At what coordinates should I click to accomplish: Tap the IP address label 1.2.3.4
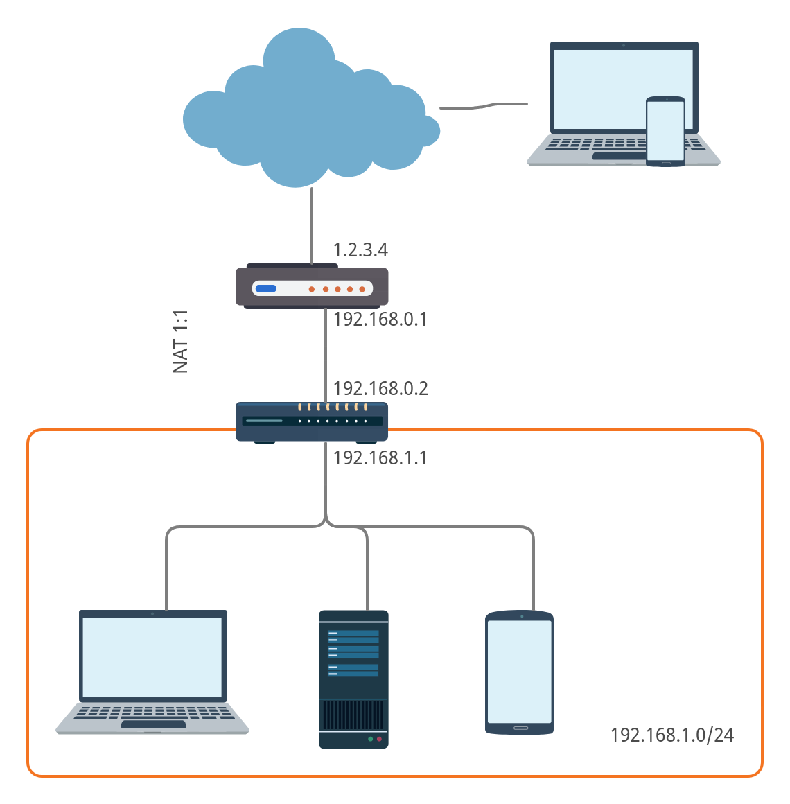pyautogui.click(x=360, y=250)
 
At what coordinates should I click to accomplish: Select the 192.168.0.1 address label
pyautogui.click(x=380, y=319)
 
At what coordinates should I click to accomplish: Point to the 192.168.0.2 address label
pyautogui.click(x=380, y=388)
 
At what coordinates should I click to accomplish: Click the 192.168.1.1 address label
pyautogui.click(x=380, y=457)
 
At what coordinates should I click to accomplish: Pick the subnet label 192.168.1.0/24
pyautogui.click(x=671, y=735)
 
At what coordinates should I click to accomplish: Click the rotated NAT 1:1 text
pyautogui.click(x=181, y=341)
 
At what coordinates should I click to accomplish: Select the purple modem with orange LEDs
pyautogui.click(x=312, y=286)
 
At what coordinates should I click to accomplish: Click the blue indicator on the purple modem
pyautogui.click(x=266, y=289)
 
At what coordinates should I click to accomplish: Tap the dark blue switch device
pyautogui.click(x=312, y=421)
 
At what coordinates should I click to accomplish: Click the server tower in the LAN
pyautogui.click(x=353, y=679)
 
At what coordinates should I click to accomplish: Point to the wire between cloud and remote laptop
pyautogui.click(x=484, y=106)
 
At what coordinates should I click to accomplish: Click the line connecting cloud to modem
pyautogui.click(x=313, y=225)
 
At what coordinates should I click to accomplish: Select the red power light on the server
pyautogui.click(x=379, y=740)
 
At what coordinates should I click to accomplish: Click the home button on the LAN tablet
pyautogui.click(x=520, y=728)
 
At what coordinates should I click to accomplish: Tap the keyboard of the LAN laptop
pyautogui.click(x=152, y=713)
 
